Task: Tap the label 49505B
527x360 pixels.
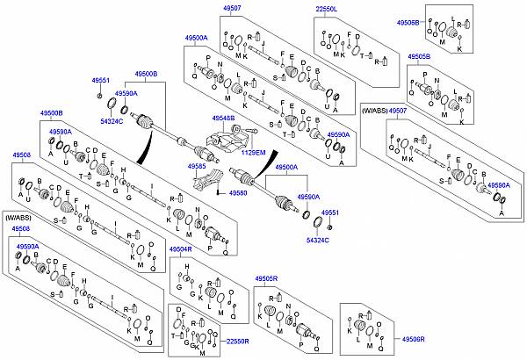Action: click(419, 56)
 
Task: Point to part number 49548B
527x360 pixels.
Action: click(223, 118)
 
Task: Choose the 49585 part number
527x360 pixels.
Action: click(198, 165)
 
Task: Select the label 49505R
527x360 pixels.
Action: click(266, 278)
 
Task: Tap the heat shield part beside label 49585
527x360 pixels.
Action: click(205, 184)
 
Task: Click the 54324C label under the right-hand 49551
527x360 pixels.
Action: click(316, 240)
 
